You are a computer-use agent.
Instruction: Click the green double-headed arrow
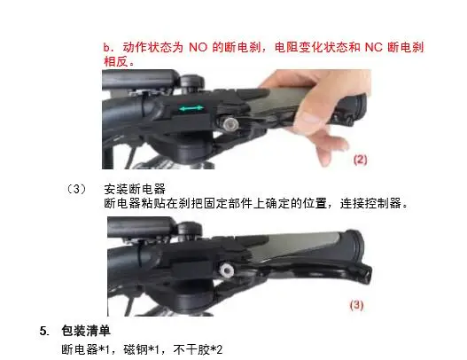tap(192, 108)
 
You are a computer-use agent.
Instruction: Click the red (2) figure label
tap(362, 160)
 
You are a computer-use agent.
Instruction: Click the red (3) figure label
tap(354, 305)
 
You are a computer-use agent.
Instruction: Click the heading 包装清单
tap(85, 331)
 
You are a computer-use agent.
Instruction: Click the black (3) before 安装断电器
tap(78, 189)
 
